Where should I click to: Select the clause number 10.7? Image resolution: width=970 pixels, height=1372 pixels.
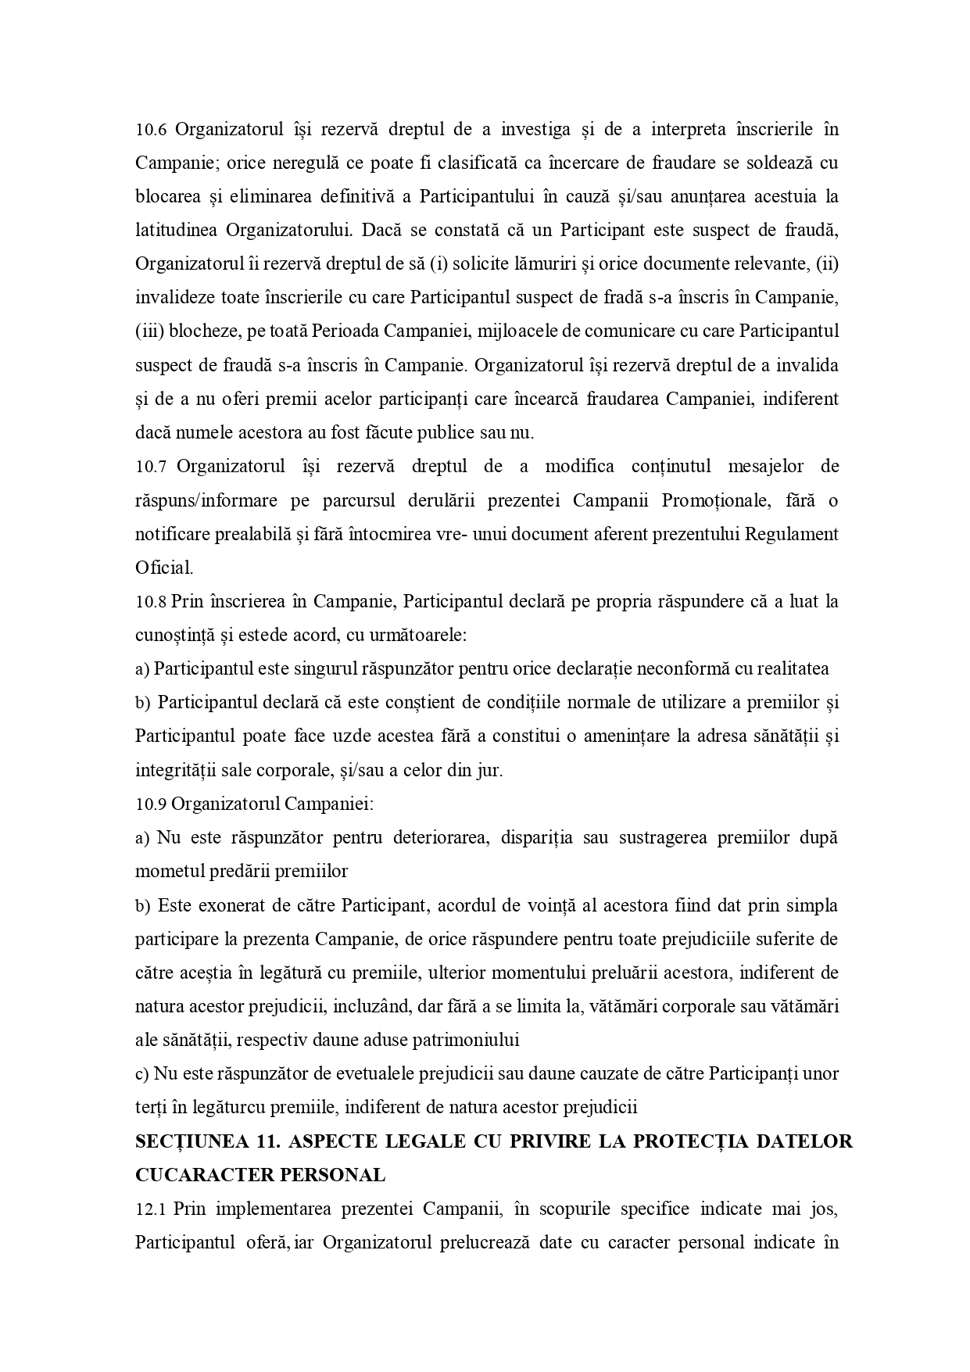(x=151, y=467)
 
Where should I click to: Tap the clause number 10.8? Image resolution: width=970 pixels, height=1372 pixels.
(x=151, y=602)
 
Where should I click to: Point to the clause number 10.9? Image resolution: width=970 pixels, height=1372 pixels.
(x=151, y=804)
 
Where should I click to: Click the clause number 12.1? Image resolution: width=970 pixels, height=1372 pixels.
(x=151, y=1209)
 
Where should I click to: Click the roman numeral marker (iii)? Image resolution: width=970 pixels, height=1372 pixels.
(x=149, y=331)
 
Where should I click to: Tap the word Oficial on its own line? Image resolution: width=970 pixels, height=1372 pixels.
(x=164, y=568)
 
